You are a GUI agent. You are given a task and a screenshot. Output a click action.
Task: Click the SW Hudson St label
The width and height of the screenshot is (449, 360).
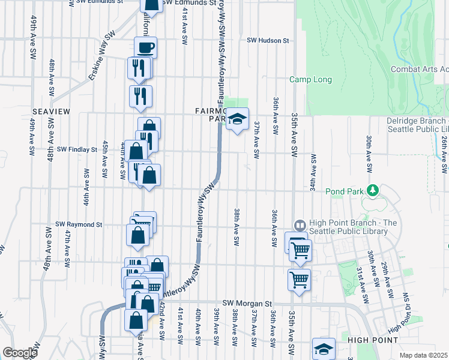point(268,41)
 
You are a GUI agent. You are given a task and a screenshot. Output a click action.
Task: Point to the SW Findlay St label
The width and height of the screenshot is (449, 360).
point(77,149)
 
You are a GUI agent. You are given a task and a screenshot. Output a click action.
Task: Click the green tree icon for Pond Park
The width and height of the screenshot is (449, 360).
point(373,190)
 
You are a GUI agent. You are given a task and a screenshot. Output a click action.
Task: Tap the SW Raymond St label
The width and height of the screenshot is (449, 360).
point(79,224)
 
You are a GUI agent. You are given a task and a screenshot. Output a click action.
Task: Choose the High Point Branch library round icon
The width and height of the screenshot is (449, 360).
point(300,224)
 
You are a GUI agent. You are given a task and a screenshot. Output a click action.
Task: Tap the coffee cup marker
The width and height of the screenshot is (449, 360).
point(145,48)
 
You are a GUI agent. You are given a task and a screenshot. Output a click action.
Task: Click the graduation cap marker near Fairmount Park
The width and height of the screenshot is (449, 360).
point(238,119)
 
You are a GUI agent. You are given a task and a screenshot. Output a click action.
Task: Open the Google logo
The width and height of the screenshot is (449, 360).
point(20,353)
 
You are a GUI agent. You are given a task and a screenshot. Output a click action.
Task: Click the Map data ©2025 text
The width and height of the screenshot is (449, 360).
point(424,355)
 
